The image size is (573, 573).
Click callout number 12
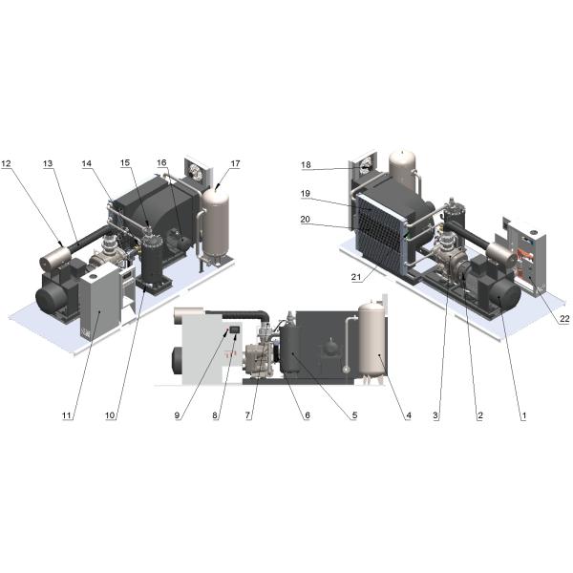[x=7, y=163]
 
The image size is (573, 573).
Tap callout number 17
[x=235, y=163]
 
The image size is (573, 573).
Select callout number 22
[x=564, y=319]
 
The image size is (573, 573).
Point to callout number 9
[x=178, y=415]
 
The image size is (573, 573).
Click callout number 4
[x=409, y=415]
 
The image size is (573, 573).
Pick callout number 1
[x=524, y=415]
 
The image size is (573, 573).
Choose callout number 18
[x=306, y=165]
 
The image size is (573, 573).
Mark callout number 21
[x=356, y=277]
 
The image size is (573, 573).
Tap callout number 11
[x=66, y=415]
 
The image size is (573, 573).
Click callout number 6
[x=307, y=415]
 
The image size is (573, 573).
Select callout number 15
[x=125, y=163]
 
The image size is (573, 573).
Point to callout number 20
[x=306, y=220]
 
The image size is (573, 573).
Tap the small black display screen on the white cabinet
[x=235, y=329]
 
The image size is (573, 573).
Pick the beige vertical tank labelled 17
[x=216, y=223]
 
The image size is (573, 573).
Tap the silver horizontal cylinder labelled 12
[x=55, y=256]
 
